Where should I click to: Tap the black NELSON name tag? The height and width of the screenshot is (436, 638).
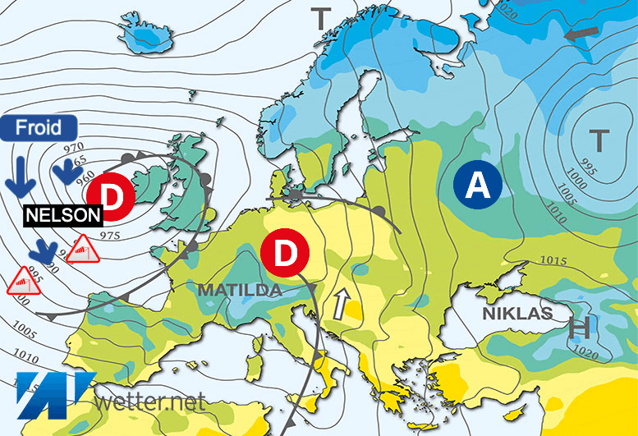(63, 215)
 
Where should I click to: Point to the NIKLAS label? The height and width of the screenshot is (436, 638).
(516, 314)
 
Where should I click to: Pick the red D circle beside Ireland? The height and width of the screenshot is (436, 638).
(109, 195)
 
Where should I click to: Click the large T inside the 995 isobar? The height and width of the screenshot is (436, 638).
(599, 140)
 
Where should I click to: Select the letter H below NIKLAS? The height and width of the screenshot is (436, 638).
(580, 329)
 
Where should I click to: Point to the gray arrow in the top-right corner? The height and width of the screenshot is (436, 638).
(581, 34)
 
